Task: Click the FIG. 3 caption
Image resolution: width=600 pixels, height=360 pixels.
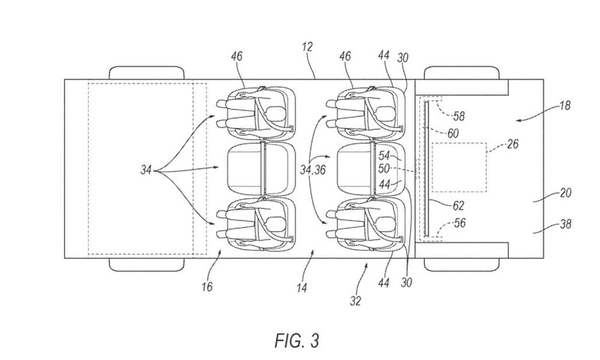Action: coord(296,340)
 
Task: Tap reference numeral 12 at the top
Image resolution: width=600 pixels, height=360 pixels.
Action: coord(307,47)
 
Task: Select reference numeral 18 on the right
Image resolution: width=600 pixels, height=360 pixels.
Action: coord(565,105)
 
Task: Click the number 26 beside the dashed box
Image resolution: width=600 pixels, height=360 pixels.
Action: coord(512,144)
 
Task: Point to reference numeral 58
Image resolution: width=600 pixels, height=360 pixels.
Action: coord(459,116)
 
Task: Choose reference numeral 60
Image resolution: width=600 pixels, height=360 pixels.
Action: coord(452,133)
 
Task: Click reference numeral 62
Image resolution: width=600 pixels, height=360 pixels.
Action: coord(458,205)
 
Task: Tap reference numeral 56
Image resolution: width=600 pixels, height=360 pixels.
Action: coord(460,223)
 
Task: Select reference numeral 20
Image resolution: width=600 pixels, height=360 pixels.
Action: coord(565,193)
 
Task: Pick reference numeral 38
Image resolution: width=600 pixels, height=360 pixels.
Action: coord(565,223)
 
